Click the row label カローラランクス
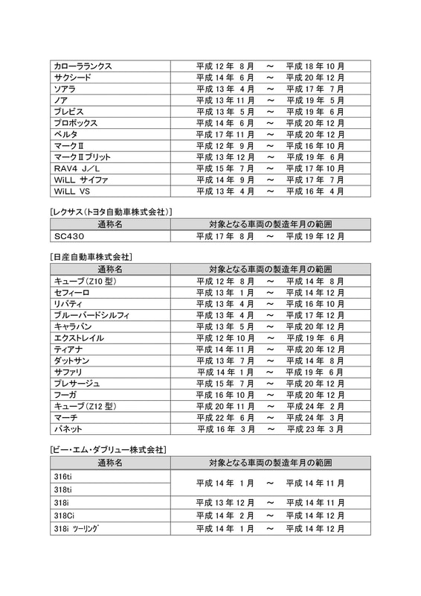[x=83, y=66]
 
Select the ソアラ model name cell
[x=65, y=89]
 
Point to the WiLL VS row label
[x=71, y=191]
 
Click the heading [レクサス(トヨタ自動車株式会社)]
[x=110, y=212]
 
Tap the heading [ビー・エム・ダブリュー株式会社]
[x=107, y=450]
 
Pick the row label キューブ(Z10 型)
[x=86, y=282]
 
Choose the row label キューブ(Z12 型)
[x=86, y=406]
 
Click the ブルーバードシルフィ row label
[x=91, y=315]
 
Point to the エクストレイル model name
[x=78, y=338]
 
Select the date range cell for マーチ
[x=270, y=418]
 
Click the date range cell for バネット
[x=270, y=429]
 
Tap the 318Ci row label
[x=64, y=516]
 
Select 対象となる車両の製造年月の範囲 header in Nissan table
[x=270, y=269]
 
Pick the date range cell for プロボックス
[x=270, y=123]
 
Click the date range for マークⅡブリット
[x=270, y=157]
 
